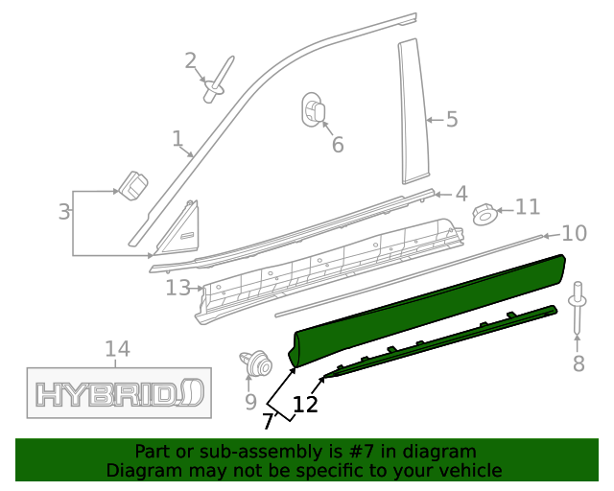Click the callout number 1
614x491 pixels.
177,140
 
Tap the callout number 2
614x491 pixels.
191,61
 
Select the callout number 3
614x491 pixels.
63,212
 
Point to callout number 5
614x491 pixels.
451,120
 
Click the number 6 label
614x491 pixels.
337,145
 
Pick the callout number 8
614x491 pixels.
578,363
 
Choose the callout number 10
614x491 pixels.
574,233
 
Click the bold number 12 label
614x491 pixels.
305,404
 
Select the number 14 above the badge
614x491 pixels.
117,350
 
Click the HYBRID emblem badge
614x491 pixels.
119,392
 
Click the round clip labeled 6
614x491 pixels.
316,109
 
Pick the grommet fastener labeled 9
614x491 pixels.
254,365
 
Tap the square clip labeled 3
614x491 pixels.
133,184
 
